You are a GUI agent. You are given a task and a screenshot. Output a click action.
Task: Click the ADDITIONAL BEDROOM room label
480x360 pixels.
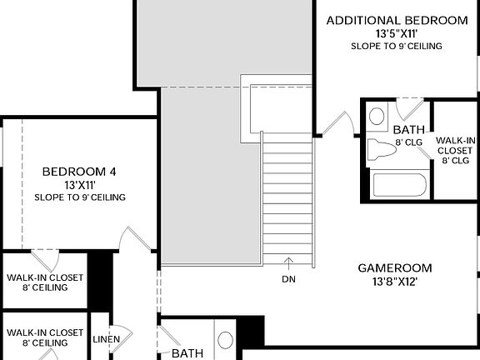[397, 20]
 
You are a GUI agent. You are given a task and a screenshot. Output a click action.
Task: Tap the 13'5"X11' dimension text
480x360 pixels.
[397, 34]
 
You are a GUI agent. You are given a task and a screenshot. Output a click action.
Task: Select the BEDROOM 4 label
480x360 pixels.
[80, 172]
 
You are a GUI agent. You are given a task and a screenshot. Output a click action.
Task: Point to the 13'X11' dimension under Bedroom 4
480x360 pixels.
[80, 185]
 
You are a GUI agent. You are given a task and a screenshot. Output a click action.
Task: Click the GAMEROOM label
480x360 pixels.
[395, 268]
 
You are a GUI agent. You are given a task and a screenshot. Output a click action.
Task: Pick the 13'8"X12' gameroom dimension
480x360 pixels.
[395, 282]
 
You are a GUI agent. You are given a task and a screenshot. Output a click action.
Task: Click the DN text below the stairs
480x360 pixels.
[288, 278]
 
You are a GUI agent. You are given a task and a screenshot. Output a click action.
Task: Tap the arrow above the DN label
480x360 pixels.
[288, 263]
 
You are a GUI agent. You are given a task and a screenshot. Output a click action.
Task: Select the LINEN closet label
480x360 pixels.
[104, 340]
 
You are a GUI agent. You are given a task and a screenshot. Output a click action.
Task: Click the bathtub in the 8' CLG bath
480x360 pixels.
[399, 184]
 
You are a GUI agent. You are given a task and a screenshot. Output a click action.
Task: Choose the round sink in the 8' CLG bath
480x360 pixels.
[377, 115]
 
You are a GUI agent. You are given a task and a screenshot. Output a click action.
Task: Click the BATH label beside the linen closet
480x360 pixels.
[187, 353]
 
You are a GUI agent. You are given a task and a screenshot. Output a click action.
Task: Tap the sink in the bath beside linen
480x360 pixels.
[226, 340]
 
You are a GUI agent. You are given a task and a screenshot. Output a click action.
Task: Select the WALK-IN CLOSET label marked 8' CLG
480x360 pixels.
[456, 150]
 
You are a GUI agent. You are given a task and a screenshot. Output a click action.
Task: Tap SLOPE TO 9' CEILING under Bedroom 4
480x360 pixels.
[80, 197]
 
